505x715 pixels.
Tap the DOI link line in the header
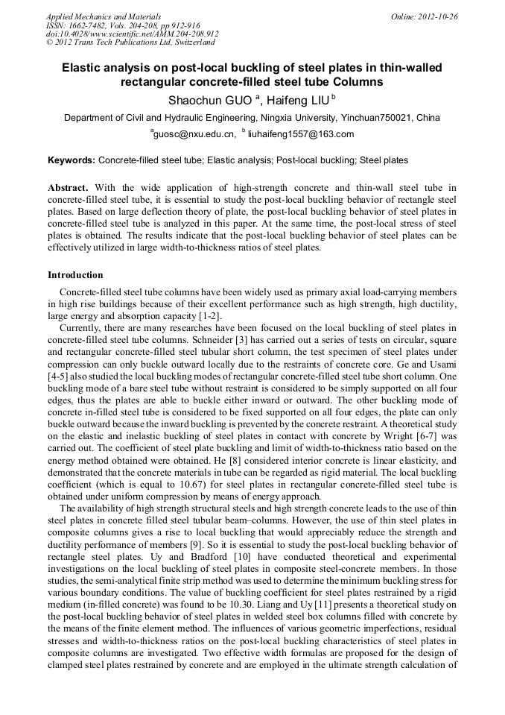click(x=132, y=34)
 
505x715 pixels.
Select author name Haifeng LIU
click(x=298, y=99)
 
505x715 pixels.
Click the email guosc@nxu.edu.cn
click(x=194, y=134)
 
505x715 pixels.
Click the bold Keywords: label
click(x=72, y=160)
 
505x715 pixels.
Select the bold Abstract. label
click(x=68, y=188)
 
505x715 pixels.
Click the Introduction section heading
click(x=75, y=275)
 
